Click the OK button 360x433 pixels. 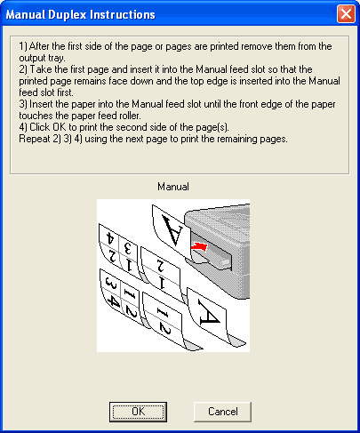[138, 412]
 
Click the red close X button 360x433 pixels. [346, 14]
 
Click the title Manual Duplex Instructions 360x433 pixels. [81, 14]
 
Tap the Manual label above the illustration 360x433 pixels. [173, 187]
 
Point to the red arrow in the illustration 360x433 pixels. [199, 246]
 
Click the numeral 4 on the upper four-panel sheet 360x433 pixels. [110, 237]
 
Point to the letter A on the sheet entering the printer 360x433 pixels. [172, 230]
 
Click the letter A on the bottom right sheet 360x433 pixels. [209, 313]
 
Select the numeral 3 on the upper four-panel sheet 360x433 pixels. [128, 248]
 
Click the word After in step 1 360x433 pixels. [39, 46]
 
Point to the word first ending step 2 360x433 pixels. [64, 92]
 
